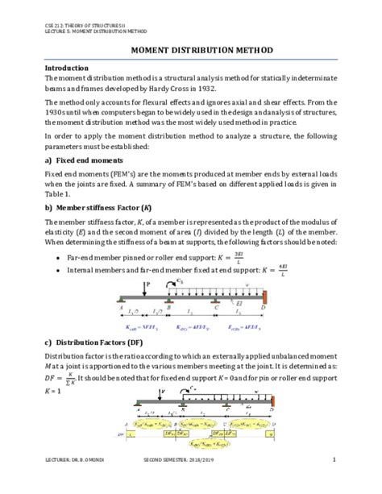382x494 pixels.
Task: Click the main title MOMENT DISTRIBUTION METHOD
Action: (x=190, y=50)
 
